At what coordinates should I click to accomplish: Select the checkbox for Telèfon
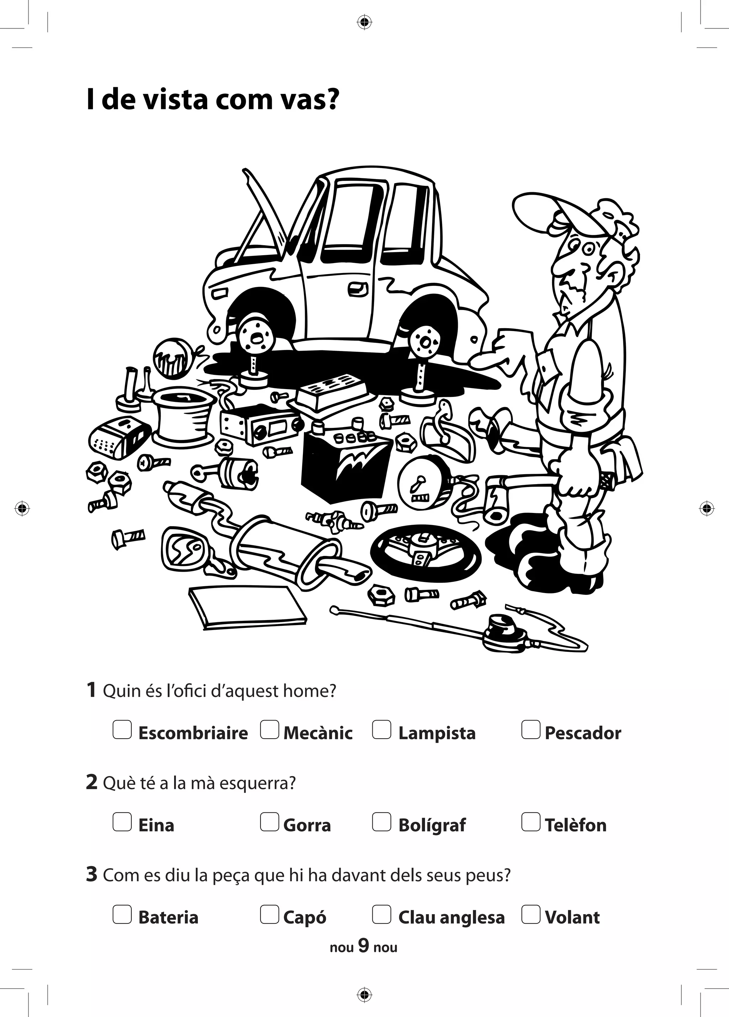tap(530, 822)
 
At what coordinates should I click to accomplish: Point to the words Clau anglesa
tap(451, 917)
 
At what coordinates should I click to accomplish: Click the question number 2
tap(91, 782)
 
